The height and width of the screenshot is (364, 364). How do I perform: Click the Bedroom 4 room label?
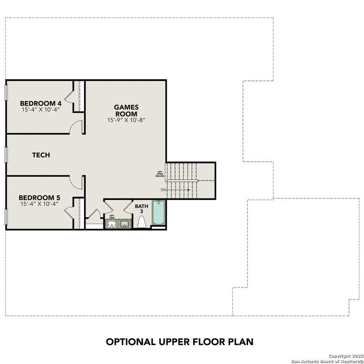(37, 103)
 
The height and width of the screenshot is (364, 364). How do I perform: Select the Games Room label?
(126, 111)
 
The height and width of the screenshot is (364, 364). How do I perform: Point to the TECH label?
(41, 155)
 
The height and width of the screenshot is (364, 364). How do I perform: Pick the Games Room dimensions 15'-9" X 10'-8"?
(126, 120)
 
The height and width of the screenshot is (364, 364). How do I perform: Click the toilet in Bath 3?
(142, 222)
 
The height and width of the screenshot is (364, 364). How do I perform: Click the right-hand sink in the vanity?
(124, 224)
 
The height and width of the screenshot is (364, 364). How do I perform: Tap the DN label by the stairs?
(163, 190)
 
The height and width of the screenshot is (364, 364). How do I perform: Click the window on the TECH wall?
(6, 155)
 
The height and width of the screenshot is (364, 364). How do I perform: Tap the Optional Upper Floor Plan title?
(180, 341)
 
